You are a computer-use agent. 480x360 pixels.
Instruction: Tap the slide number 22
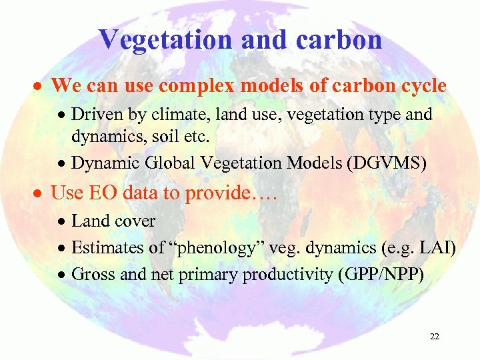point(435,337)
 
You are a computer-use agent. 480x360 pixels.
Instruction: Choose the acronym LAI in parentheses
point(437,248)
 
